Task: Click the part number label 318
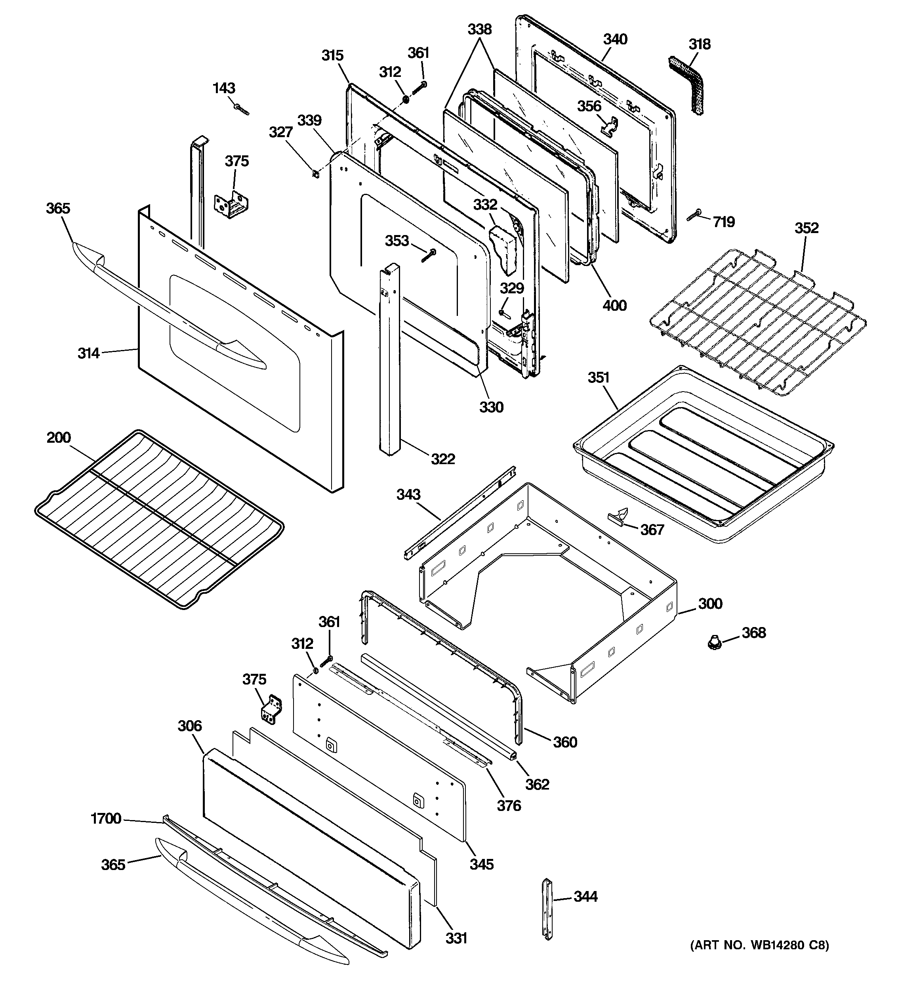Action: pyautogui.click(x=700, y=44)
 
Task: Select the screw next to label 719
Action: pyautogui.click(x=694, y=216)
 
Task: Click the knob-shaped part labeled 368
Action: pyautogui.click(x=712, y=642)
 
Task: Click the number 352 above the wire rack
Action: pyautogui.click(x=806, y=228)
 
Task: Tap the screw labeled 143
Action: pyautogui.click(x=241, y=109)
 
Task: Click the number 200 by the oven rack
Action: pyautogui.click(x=59, y=437)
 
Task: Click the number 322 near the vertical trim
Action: pyautogui.click(x=442, y=459)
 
